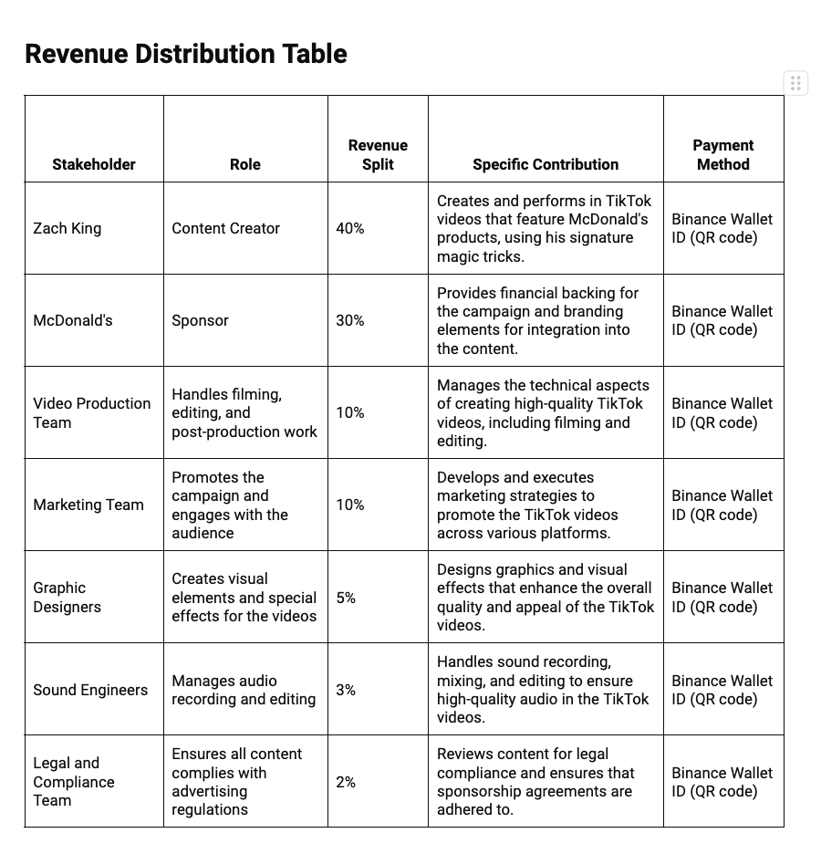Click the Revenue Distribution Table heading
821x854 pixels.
click(186, 54)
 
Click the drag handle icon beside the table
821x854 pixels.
click(795, 84)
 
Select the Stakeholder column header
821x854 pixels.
click(94, 164)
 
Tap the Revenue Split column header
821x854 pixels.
click(378, 154)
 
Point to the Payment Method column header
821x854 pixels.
click(722, 154)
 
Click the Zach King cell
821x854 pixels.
click(67, 228)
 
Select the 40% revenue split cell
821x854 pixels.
click(350, 228)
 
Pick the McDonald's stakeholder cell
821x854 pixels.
click(73, 320)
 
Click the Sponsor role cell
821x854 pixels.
click(200, 320)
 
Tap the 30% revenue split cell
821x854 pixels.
click(350, 320)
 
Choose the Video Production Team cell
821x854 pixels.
click(92, 412)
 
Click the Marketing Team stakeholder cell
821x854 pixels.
click(88, 505)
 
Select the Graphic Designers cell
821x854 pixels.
click(68, 598)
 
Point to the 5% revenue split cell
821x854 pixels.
click(346, 598)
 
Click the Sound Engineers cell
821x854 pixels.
click(90, 690)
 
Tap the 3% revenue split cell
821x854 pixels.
click(346, 690)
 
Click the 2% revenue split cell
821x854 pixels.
click(346, 782)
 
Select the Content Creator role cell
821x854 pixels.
click(225, 228)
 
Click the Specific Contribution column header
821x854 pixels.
click(546, 164)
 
